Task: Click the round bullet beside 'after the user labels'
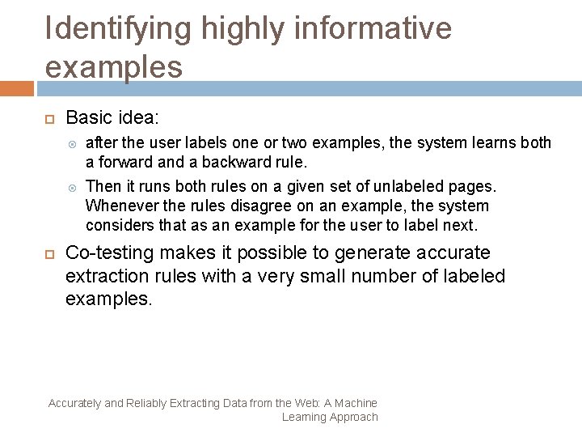tap(74, 144)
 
